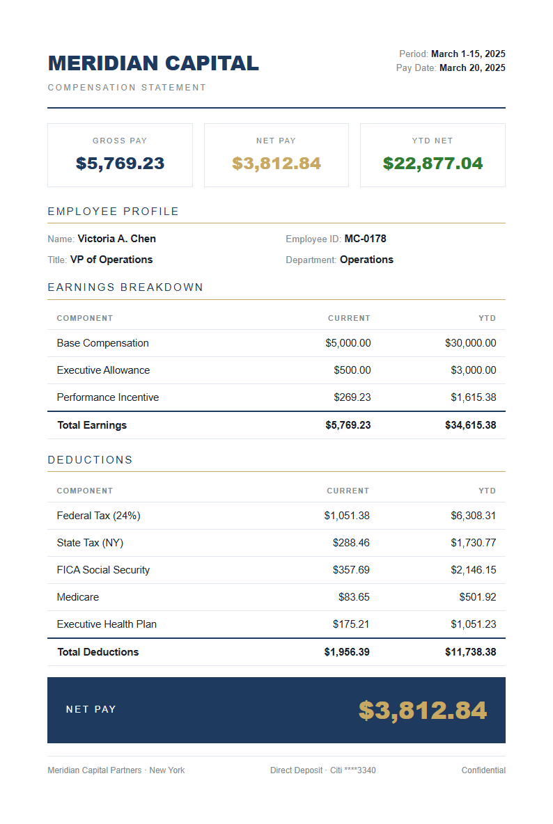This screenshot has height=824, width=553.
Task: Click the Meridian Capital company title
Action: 153,63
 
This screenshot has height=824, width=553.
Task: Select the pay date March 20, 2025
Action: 472,68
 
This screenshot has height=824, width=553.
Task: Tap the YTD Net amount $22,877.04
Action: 433,164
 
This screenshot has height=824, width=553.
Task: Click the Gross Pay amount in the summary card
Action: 120,164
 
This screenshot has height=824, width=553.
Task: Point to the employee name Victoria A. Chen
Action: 116,239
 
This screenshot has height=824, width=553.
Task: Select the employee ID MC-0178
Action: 365,239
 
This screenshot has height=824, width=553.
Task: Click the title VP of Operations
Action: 111,260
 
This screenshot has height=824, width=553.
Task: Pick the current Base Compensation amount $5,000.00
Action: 348,343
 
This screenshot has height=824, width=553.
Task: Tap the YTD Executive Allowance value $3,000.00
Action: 473,370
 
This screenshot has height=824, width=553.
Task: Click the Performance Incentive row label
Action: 108,397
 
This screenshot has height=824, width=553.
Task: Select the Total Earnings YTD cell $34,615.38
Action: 470,425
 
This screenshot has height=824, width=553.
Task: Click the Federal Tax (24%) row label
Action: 98,516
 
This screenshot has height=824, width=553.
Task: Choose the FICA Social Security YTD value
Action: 473,570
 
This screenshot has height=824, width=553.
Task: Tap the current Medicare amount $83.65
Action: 355,597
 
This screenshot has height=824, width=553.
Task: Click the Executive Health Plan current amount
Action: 351,624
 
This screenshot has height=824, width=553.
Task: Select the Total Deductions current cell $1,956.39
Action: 347,652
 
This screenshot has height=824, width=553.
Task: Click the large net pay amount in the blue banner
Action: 422,711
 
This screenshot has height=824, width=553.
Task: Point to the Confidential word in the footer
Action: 483,770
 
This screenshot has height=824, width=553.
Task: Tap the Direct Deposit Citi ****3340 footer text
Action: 323,770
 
